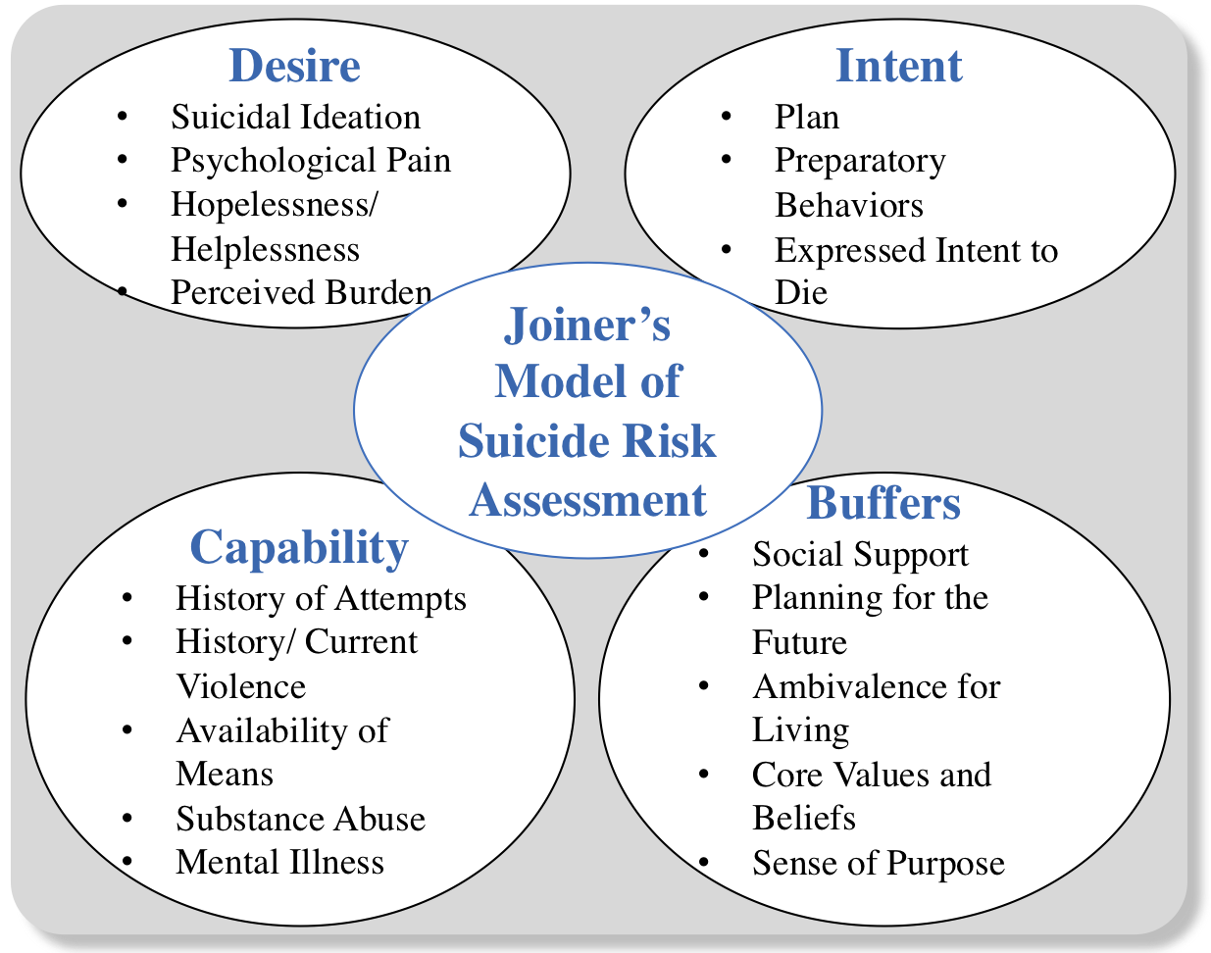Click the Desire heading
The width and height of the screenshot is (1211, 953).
pos(294,67)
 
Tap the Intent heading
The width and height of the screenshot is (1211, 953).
pos(898,67)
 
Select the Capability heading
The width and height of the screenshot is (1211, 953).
pos(298,547)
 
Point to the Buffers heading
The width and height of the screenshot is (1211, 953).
pos(883,503)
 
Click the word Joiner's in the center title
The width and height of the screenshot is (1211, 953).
pos(587,326)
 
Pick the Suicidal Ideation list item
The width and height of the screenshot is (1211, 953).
pos(295,118)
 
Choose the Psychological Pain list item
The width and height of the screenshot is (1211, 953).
pos(310,161)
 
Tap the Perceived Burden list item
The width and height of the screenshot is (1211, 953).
pos(301,292)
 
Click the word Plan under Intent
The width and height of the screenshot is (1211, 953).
pos(806,118)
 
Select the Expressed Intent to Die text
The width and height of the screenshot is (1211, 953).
pos(915,251)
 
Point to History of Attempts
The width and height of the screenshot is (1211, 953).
pos(321,598)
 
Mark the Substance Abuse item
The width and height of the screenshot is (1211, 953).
pos(300,819)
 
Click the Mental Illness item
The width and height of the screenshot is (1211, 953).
pos(279,863)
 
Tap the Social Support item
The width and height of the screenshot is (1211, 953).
pos(860,555)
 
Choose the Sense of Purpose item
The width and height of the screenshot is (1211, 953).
pos(878,863)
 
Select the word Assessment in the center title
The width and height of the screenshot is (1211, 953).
pos(587,500)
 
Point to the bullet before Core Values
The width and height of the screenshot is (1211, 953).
pos(704,773)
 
